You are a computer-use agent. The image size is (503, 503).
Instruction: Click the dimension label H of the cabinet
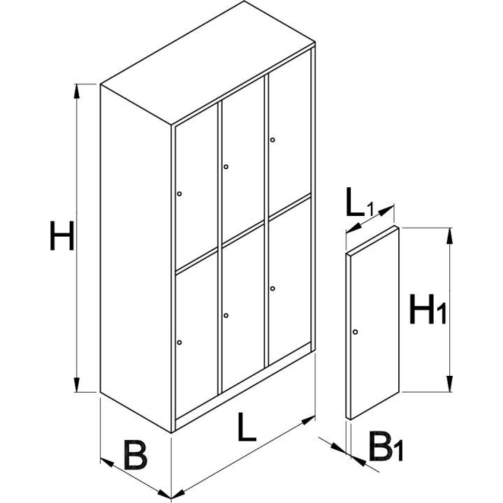click(62, 235)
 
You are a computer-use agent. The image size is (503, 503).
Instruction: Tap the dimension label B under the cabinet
click(136, 455)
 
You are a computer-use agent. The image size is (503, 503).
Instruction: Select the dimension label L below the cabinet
click(247, 427)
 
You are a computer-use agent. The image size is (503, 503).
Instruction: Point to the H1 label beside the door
click(428, 309)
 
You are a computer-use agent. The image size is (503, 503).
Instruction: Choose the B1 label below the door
click(386, 446)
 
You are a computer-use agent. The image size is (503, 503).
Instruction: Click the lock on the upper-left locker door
click(180, 194)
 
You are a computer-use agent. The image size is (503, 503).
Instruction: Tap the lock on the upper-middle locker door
click(226, 167)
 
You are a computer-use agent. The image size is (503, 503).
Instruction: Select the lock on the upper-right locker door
click(272, 140)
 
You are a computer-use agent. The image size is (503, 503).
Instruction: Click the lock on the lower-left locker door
click(180, 342)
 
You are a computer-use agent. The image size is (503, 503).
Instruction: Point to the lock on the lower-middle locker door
click(226, 316)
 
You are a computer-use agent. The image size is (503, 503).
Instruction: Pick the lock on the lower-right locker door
click(272, 289)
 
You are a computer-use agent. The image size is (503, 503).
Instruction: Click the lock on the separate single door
click(355, 332)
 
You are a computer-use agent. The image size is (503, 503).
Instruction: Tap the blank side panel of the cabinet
click(136, 258)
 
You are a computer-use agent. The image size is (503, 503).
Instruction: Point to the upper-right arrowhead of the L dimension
click(308, 420)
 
